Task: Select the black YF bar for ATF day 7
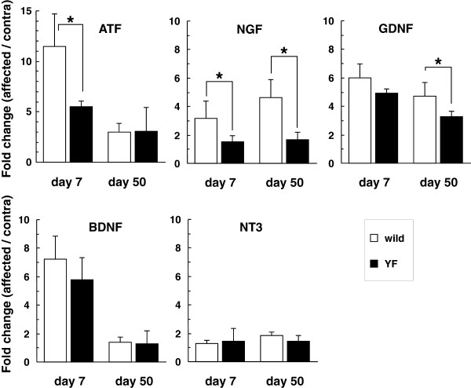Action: (79, 134)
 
